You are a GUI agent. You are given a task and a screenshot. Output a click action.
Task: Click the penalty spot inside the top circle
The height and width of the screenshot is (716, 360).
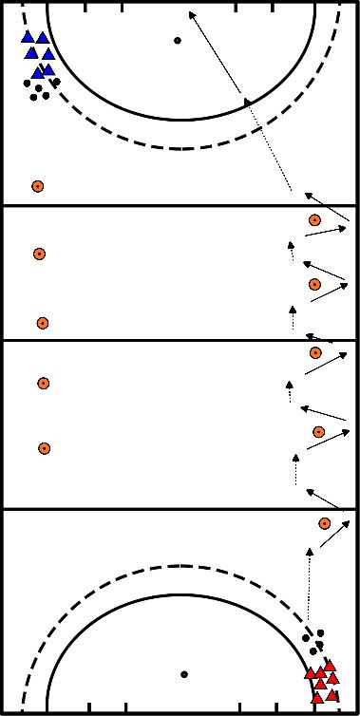(x=177, y=40)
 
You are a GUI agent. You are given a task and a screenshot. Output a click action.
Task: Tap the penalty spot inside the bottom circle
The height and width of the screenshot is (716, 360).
(x=184, y=674)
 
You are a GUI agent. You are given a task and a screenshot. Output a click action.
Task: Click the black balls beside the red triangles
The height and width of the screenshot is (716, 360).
(x=313, y=635)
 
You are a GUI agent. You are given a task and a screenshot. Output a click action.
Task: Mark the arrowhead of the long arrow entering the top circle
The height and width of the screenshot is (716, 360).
(x=191, y=13)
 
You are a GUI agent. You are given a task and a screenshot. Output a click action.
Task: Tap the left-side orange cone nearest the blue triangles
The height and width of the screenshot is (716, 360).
(x=37, y=186)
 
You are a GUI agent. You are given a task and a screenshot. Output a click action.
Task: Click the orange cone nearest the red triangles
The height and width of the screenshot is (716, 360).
(x=325, y=522)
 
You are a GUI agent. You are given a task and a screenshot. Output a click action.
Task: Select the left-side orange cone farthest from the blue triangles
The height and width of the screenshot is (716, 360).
(x=44, y=448)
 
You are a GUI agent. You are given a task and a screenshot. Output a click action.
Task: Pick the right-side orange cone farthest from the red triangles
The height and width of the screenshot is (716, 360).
(x=314, y=220)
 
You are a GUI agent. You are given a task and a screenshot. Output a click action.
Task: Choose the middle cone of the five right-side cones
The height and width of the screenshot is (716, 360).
(x=315, y=353)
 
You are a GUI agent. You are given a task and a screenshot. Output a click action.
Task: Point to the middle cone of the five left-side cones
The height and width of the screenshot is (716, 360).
(x=42, y=323)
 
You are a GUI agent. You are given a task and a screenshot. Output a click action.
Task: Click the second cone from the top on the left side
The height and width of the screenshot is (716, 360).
(x=39, y=254)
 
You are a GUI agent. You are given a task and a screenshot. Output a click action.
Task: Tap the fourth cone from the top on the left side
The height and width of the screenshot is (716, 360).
(x=43, y=384)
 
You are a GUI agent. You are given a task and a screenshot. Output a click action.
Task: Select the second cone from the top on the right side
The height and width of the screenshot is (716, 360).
(x=314, y=284)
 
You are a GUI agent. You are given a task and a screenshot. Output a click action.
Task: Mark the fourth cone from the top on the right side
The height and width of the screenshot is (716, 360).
(x=319, y=432)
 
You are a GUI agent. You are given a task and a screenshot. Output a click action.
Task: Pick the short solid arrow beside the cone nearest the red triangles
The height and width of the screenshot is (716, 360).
(x=334, y=534)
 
